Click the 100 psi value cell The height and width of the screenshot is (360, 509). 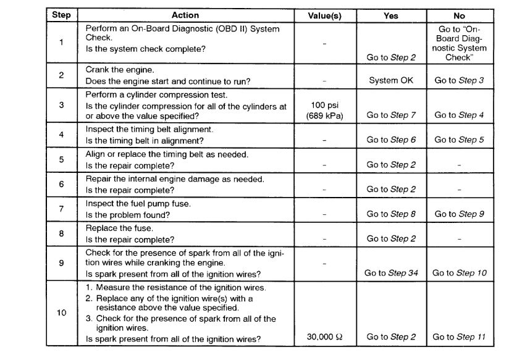coord(324,111)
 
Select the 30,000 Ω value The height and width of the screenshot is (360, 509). coord(324,337)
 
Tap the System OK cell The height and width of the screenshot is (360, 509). coord(391,80)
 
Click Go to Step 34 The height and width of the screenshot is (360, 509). coord(391,273)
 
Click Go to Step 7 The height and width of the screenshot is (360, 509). coord(391,115)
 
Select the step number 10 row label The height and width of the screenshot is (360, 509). coord(61,313)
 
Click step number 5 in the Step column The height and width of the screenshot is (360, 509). coord(61,159)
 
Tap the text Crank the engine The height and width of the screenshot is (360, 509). coord(119,70)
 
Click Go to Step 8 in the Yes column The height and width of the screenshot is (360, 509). coord(391,214)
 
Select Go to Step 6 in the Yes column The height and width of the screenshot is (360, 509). coord(391,140)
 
